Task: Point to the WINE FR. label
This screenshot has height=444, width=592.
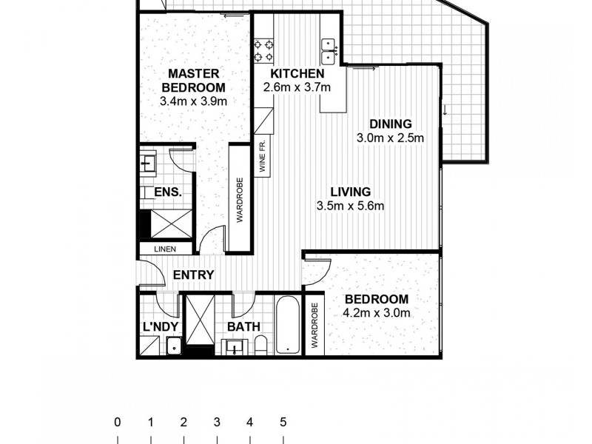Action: [x=262, y=156]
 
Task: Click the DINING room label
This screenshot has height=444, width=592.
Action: [x=391, y=124]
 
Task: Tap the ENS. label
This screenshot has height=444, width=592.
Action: [x=168, y=192]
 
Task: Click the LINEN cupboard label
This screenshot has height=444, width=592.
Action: [x=165, y=249]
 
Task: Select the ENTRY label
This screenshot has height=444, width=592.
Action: [x=193, y=275]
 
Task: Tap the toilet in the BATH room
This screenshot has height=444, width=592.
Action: [x=260, y=344]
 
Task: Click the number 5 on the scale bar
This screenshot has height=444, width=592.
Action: [x=283, y=423]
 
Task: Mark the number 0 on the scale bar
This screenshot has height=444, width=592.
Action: [x=117, y=423]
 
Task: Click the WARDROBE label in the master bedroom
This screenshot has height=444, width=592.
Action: [x=240, y=198]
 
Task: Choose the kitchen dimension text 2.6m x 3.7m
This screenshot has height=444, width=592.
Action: [x=297, y=87]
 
